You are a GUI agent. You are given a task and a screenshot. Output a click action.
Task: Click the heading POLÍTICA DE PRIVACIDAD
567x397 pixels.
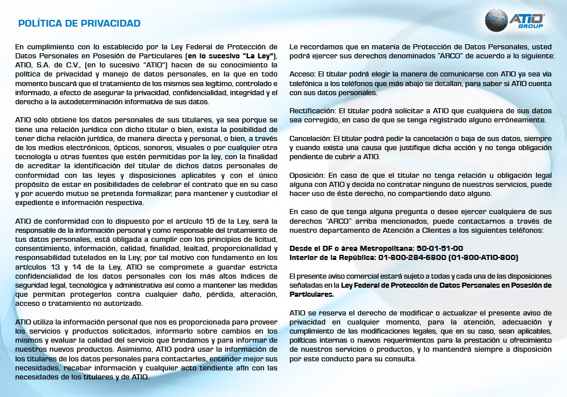[79, 23]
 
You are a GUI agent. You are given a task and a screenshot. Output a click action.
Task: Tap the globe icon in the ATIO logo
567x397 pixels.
[497, 20]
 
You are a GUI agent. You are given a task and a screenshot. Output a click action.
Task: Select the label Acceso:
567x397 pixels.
[302, 74]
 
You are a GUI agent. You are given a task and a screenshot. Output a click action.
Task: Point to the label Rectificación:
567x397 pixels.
[311, 111]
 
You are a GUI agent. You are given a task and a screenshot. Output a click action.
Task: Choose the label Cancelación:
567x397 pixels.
[310, 139]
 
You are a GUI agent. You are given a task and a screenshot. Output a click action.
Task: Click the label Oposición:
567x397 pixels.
[307, 176]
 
